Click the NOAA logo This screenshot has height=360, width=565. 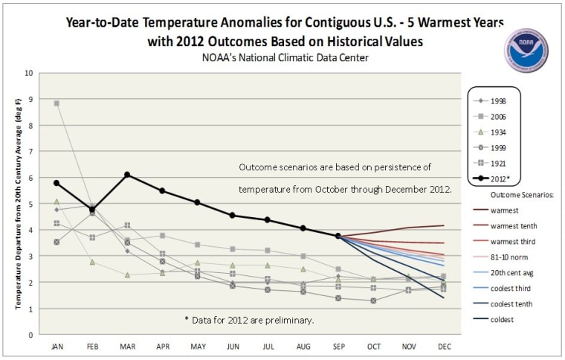point(526,50)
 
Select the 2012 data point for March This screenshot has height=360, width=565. point(127,175)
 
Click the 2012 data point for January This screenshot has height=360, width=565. point(56,183)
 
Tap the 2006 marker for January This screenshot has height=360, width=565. point(56,103)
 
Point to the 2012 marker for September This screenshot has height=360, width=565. point(338,236)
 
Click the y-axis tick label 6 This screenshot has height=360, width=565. point(30,179)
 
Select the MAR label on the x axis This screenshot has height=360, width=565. point(127,347)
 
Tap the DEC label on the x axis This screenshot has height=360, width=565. point(444,347)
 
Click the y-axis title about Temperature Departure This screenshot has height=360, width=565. point(11,205)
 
